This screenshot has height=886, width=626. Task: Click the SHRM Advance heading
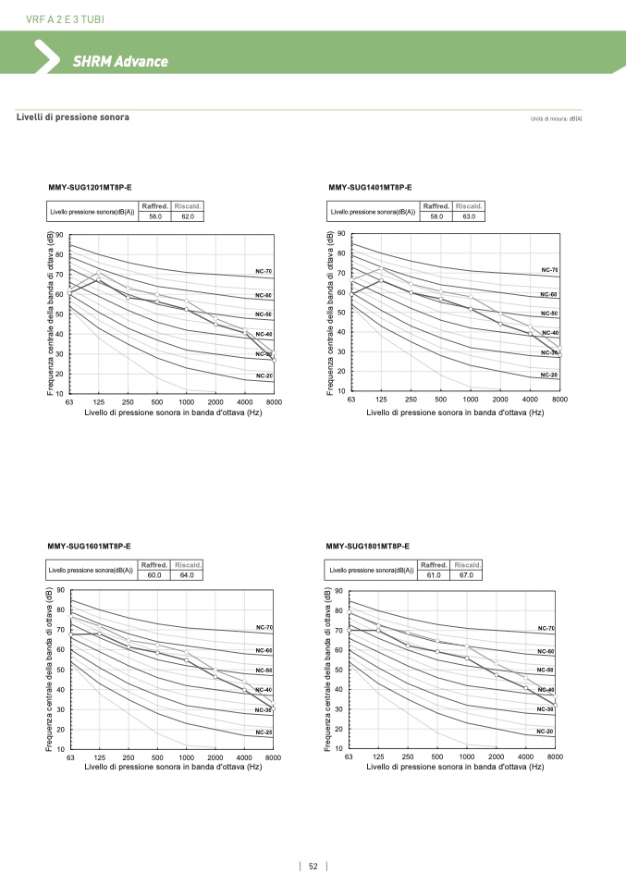coord(120,62)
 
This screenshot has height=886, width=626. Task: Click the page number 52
coord(313,867)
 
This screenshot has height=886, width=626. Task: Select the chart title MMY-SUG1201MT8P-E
coord(91,188)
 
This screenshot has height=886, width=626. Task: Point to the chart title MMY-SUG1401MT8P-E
coord(370,188)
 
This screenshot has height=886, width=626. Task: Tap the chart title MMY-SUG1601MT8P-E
coord(89,546)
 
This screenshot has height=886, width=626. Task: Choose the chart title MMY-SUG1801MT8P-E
coord(368,546)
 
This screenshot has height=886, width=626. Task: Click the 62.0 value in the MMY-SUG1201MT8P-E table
coord(188,215)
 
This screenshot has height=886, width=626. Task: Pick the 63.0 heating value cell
coord(469,215)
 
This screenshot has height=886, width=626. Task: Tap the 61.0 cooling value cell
coord(434,574)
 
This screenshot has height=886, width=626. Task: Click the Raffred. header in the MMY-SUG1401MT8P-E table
coord(436,205)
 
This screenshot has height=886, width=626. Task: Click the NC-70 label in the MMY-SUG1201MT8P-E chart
coord(264,272)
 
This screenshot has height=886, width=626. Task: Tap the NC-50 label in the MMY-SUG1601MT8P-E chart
coord(264,670)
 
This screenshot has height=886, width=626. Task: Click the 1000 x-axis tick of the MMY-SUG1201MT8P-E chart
coord(186,402)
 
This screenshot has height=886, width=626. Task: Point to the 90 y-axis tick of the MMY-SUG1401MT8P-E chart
coord(341,235)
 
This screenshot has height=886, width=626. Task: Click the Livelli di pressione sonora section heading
coord(73,117)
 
